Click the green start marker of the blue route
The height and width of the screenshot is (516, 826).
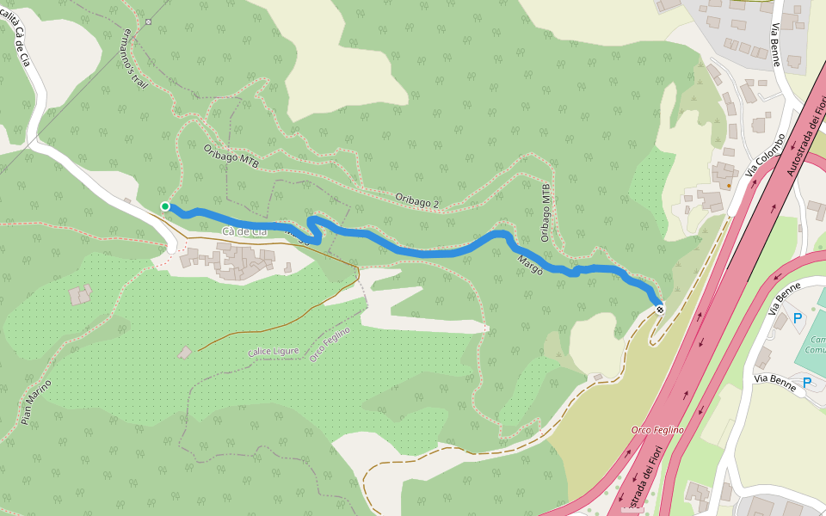pyautogui.click(x=165, y=206)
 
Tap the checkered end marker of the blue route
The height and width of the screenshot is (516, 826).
pyautogui.click(x=660, y=309)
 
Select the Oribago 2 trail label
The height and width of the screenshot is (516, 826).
pyautogui.click(x=417, y=199)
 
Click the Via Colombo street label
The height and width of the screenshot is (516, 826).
pyautogui.click(x=765, y=155)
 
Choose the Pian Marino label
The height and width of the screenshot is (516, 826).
pyautogui.click(x=35, y=402)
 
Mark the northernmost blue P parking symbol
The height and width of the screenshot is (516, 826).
pyautogui.click(x=797, y=318)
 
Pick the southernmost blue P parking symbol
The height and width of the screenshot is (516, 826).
pyautogui.click(x=807, y=383)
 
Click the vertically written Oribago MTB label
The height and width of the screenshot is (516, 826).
pyautogui.click(x=545, y=212)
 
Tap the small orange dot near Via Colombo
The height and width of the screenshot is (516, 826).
pyautogui.click(x=729, y=184)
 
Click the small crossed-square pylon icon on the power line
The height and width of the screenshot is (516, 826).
pyautogui.click(x=148, y=21)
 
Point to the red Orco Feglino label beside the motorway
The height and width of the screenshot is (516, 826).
pyautogui.click(x=657, y=429)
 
